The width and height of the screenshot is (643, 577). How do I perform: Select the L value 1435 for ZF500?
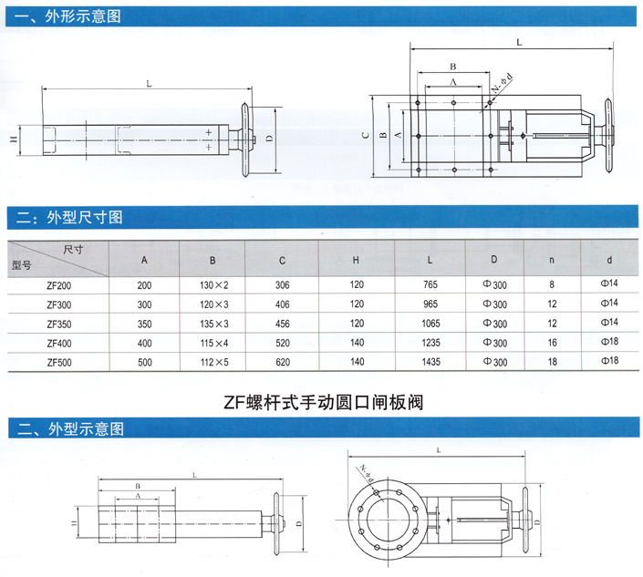pos(431,362)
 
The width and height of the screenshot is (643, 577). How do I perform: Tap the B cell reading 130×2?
pos(213,285)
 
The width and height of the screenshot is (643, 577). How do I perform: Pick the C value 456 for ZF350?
pos(283,323)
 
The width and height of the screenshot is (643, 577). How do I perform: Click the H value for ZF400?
pos(357,343)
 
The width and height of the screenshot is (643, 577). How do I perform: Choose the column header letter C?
pos(283,261)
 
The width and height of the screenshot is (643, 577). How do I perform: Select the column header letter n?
pos(552,261)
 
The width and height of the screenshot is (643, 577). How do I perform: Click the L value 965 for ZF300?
pos(431,304)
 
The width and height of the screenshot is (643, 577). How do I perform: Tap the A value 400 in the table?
pos(144,343)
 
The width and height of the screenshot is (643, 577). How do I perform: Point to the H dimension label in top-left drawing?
pos(13,140)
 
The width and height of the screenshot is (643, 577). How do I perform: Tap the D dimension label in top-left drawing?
pos(269,139)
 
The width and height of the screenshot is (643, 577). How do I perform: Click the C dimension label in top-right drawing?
pos(365,135)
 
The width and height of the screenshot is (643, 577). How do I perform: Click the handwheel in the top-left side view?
pos(244,139)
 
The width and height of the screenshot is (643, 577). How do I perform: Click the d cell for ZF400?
pos(609,343)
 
